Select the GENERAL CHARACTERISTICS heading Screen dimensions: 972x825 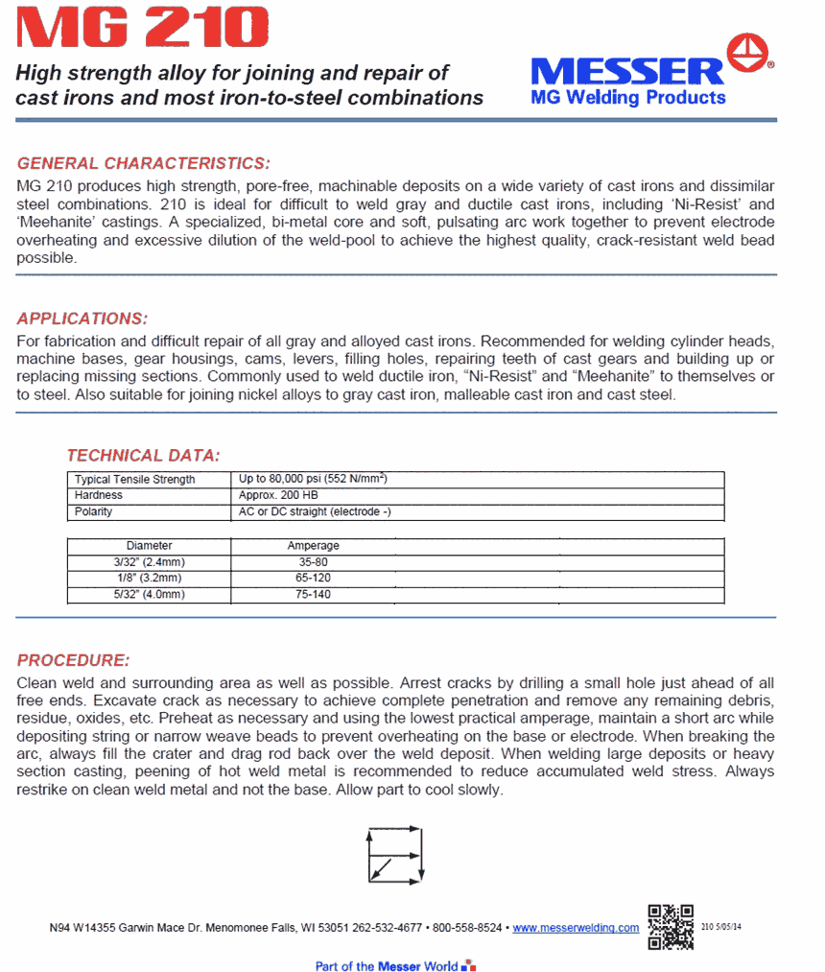coord(144,163)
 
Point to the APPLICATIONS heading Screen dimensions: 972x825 coord(82,319)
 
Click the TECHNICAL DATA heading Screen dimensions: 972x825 coord(143,455)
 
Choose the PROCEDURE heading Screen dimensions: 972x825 coord(73,661)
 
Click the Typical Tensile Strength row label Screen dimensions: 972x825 coord(134,479)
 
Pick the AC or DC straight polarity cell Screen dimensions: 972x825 coord(314,511)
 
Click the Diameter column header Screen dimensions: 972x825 coord(149,545)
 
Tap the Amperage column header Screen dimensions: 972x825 coord(313,545)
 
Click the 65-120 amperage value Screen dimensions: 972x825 coord(314,579)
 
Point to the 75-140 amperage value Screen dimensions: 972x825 coord(314,595)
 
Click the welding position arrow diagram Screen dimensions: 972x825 coord(394,855)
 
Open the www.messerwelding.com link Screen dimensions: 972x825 coord(576,928)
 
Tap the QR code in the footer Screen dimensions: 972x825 coord(671,927)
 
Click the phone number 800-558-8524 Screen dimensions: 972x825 coord(467,928)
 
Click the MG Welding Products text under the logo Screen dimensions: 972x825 coord(627,98)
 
